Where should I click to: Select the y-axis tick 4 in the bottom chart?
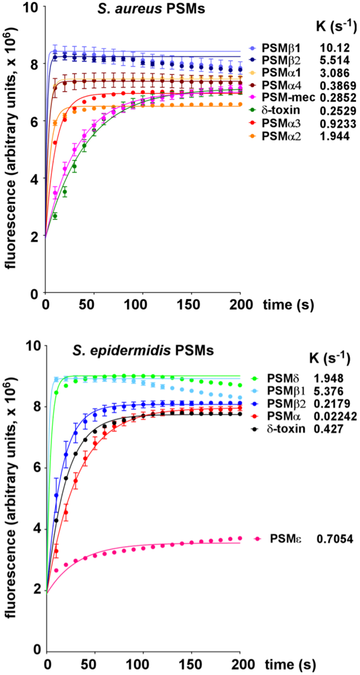pyautogui.click(x=34, y=529)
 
